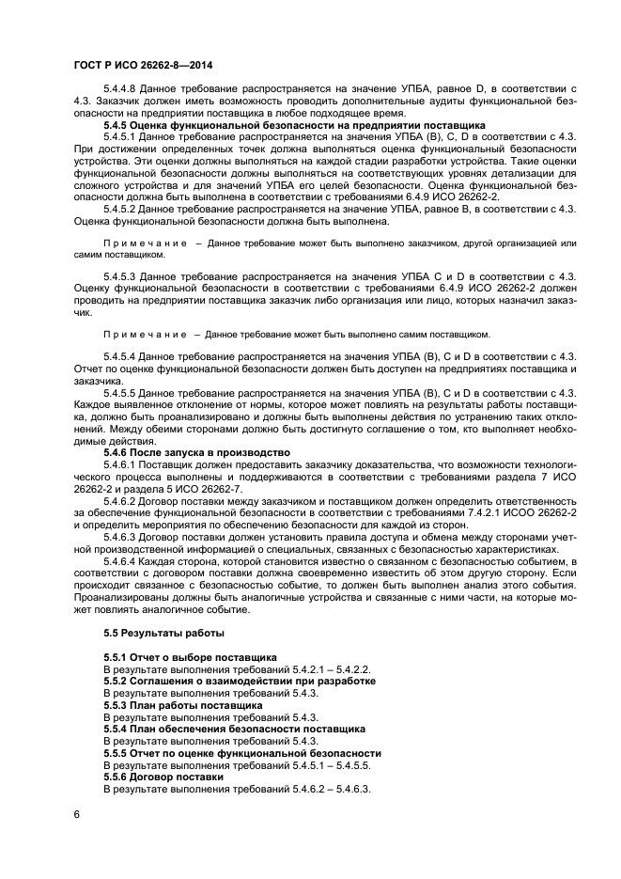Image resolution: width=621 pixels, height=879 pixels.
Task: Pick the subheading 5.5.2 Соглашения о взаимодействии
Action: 240,680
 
